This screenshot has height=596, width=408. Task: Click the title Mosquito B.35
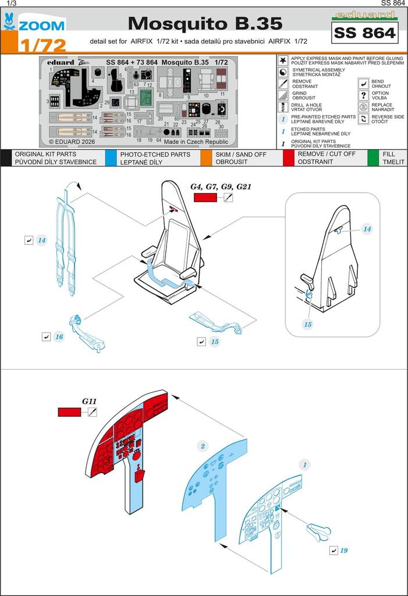[x=205, y=23]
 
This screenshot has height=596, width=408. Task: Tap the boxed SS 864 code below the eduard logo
[x=364, y=33]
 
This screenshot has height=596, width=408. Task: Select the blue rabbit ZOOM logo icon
[x=10, y=22]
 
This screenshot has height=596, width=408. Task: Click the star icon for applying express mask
[x=283, y=61]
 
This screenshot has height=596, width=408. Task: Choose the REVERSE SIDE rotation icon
[x=363, y=119]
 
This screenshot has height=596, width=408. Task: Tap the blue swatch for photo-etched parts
[x=111, y=158]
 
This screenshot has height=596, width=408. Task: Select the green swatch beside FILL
[x=373, y=158]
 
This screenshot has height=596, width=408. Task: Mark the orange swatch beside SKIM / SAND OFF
[x=205, y=158]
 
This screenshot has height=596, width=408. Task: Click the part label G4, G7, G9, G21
[x=221, y=187]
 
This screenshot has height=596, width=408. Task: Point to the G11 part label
[x=89, y=401]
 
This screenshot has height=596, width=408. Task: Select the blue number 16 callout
[x=59, y=337]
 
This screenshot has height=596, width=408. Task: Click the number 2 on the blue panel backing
[x=203, y=446]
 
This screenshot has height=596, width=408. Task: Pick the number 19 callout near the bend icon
[x=344, y=550]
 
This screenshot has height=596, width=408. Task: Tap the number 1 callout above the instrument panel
[x=304, y=464]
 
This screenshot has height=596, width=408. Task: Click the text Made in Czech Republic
[x=196, y=141]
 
